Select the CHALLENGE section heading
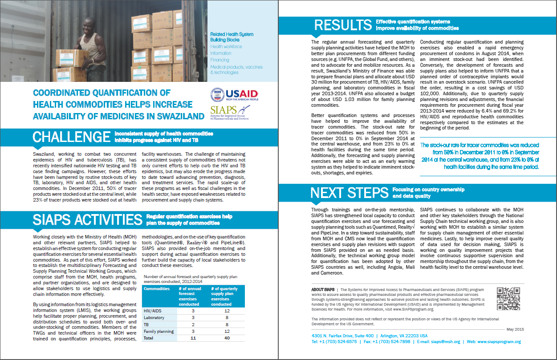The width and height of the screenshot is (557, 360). coord(72,137)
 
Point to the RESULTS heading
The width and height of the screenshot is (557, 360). coord(343,25)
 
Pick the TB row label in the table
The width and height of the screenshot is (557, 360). coord(147,324)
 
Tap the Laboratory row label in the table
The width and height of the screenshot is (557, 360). coord(154,317)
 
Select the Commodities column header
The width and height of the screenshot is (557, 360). coord(157,289)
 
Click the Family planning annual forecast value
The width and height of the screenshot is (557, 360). coord(193,331)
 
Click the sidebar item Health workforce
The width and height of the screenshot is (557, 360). coord(226,47)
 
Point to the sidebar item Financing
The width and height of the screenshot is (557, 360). coord(220,60)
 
